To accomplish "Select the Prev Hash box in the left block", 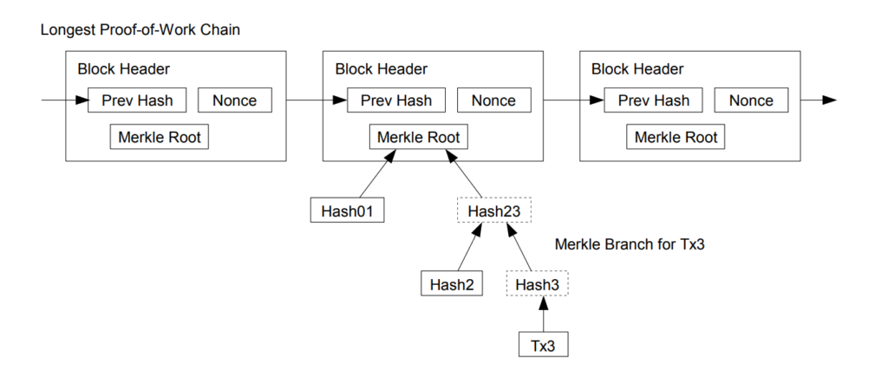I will [137, 101].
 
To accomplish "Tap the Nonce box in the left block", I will [235, 101].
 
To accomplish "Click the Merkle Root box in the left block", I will [160, 137].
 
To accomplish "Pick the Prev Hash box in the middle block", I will [395, 101].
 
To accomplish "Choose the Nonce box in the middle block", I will [493, 101].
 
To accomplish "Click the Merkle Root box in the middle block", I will [419, 137].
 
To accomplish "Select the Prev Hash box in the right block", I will [653, 101].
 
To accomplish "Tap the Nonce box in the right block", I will [751, 101].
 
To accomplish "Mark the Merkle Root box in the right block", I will [676, 137].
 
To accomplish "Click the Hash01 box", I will [347, 210].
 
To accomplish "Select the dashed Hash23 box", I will [493, 211].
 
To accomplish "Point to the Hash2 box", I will [450, 283].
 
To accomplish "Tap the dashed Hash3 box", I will [539, 284].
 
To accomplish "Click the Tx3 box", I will [544, 345].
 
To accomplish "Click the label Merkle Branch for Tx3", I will [630, 245].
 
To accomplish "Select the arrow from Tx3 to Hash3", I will [543, 315].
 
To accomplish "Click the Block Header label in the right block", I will [637, 69].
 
